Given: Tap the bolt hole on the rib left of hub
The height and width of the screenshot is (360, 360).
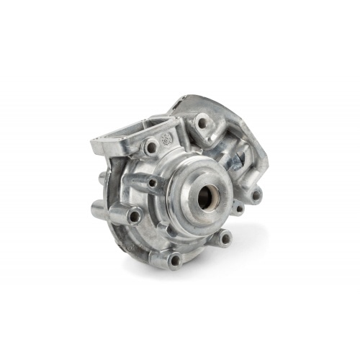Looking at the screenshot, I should pyautogui.click(x=153, y=184).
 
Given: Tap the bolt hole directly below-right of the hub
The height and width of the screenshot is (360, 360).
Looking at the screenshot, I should pyautogui.click(x=225, y=238).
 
